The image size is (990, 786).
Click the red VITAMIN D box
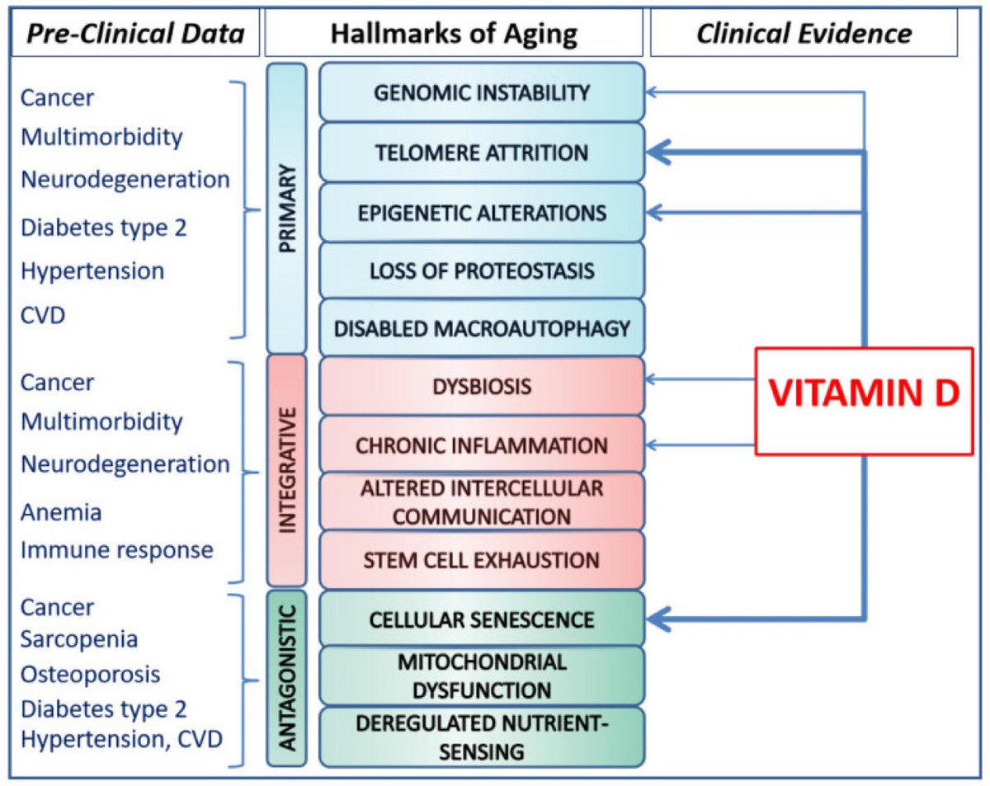tap(864, 400)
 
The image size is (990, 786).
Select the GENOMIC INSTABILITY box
tap(482, 92)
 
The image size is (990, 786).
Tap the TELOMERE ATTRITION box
tap(482, 153)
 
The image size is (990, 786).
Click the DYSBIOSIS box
tap(482, 385)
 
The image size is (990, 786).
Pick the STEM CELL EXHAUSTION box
tap(482, 560)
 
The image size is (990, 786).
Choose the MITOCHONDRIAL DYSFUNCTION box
tap(482, 675)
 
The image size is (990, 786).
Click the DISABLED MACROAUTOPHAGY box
tap(482, 328)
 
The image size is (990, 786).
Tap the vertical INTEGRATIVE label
tap(287, 469)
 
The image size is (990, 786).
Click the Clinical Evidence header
tap(804, 33)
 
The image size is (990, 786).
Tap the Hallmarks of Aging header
tap(454, 33)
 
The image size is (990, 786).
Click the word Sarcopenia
tap(79, 639)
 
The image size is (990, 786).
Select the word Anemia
tap(61, 511)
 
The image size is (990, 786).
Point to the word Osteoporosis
tap(91, 674)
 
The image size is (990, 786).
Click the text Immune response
tap(117, 549)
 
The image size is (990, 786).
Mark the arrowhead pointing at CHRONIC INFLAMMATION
tap(652, 445)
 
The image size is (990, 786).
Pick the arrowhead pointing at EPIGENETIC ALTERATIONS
tap(652, 212)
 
